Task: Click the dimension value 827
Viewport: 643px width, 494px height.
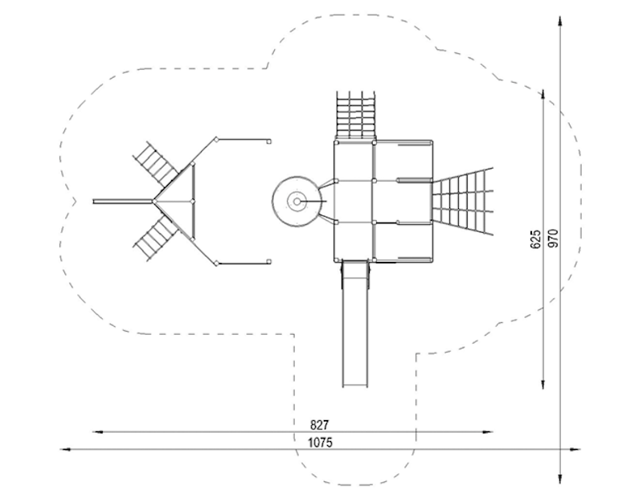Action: point(319,425)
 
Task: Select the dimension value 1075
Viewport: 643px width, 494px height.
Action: point(320,443)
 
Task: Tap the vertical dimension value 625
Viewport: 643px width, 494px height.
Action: point(535,239)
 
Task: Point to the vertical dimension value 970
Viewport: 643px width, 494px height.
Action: point(553,239)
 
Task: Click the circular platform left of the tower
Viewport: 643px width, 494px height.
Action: point(296,202)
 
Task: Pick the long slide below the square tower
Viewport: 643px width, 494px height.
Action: point(356,324)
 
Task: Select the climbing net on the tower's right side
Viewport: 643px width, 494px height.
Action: point(461,201)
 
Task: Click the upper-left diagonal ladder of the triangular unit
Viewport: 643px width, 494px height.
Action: point(156,161)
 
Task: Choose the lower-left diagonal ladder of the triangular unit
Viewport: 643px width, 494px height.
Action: point(156,240)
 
